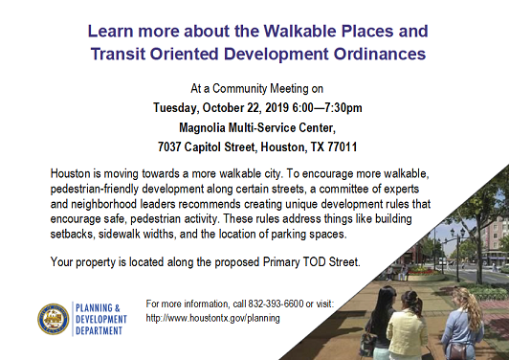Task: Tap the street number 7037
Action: click(173, 147)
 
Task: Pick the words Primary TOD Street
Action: click(312, 261)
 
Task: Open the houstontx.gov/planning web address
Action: click(212, 317)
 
